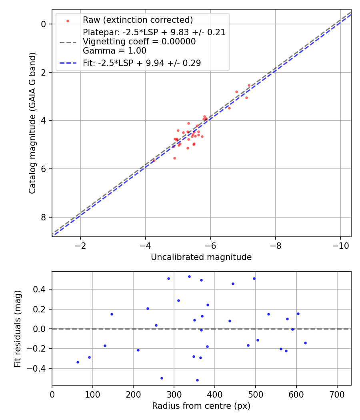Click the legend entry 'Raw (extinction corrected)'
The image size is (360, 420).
coord(138,20)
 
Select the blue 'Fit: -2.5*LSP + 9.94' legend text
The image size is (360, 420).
coord(142,63)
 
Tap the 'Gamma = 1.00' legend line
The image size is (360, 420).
coord(114,51)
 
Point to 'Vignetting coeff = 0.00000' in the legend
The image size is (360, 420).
coord(139,42)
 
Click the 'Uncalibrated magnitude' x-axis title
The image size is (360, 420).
coord(201,257)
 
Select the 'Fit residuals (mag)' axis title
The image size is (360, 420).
coord(17,328)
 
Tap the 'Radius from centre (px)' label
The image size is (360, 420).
coord(201,406)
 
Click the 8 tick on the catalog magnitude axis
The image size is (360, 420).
coord(44,217)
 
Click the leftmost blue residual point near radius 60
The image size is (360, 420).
coord(78,362)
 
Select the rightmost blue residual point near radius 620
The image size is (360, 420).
coord(305,343)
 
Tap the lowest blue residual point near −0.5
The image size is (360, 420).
coord(197,380)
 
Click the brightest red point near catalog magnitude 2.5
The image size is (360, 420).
coord(249,85)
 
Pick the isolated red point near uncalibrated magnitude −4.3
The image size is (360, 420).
coord(154,160)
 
